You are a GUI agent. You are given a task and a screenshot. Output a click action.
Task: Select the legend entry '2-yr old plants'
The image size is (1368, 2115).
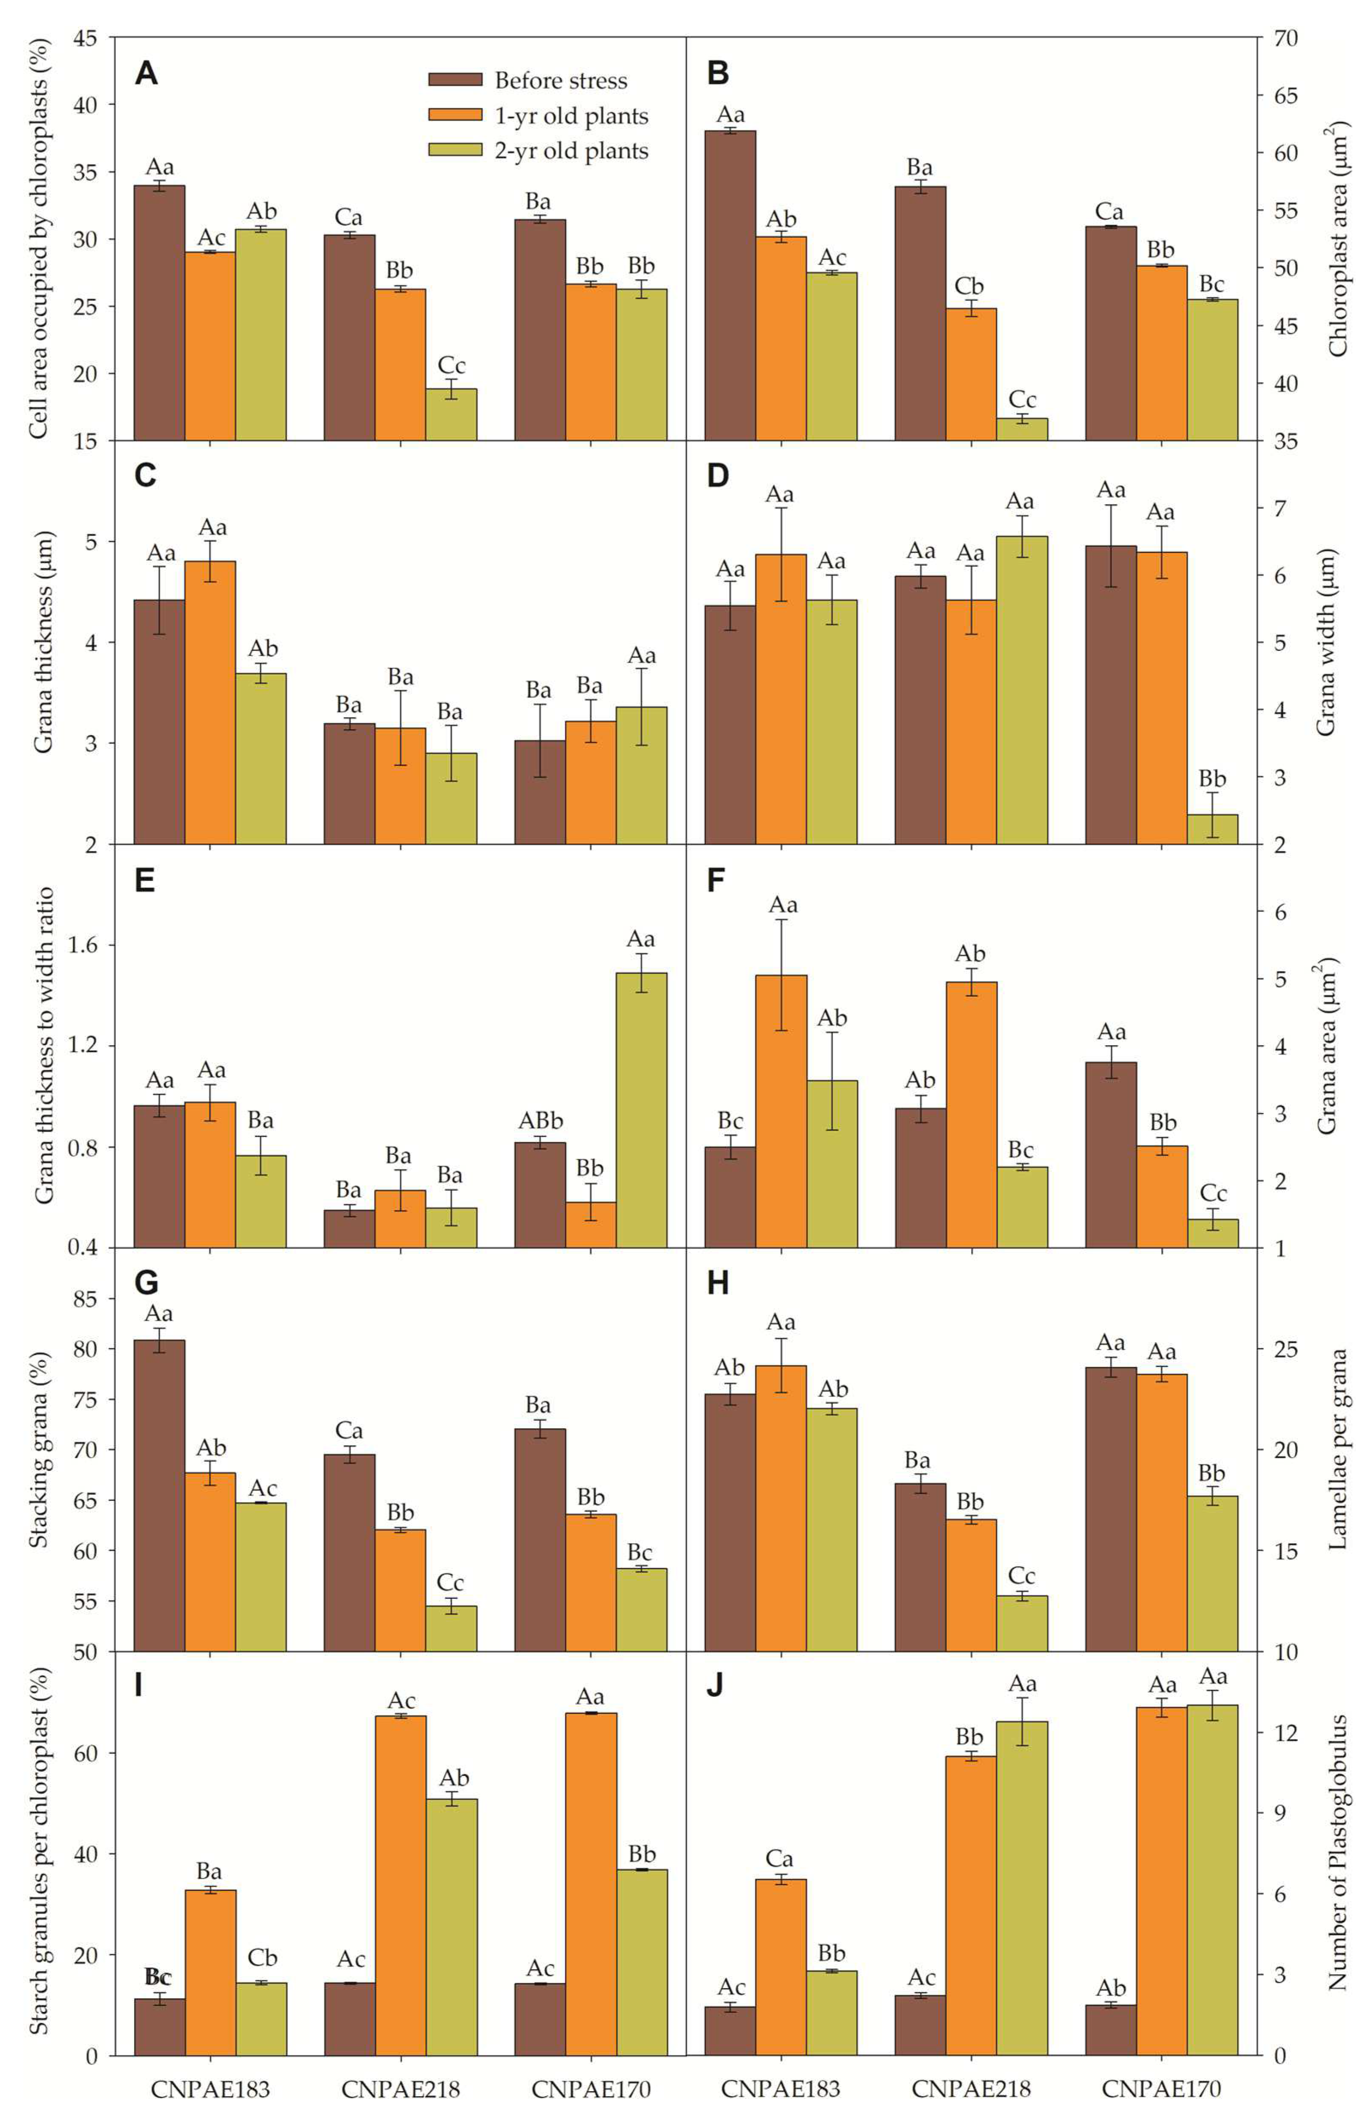[x=571, y=151]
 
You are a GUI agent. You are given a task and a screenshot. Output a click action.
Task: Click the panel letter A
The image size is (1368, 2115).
[x=147, y=73]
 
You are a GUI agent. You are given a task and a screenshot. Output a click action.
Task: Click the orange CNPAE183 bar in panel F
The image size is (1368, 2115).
[x=782, y=1111]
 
